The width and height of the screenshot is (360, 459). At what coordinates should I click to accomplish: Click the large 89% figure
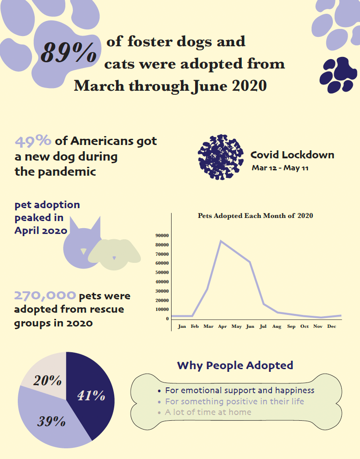click(68, 52)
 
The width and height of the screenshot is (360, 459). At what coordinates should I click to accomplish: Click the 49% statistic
click(33, 141)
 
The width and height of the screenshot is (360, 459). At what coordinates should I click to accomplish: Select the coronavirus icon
click(220, 157)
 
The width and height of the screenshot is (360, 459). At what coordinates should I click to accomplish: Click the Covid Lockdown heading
click(292, 155)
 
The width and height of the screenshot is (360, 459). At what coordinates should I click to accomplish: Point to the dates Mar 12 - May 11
click(280, 168)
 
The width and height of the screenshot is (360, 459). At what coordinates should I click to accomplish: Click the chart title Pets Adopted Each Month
click(255, 216)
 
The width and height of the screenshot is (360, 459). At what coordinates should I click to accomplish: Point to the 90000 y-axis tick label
click(161, 235)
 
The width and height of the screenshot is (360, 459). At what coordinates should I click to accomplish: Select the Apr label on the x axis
click(222, 326)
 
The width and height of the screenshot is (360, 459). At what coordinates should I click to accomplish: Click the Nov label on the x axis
click(318, 326)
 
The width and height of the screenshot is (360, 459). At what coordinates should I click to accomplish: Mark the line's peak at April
click(221, 241)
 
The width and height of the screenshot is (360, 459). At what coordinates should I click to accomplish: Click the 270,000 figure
click(45, 296)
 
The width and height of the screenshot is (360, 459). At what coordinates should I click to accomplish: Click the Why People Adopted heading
click(235, 366)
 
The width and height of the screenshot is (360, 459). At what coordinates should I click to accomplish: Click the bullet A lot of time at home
click(208, 412)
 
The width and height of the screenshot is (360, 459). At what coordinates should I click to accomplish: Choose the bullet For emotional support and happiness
click(239, 391)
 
